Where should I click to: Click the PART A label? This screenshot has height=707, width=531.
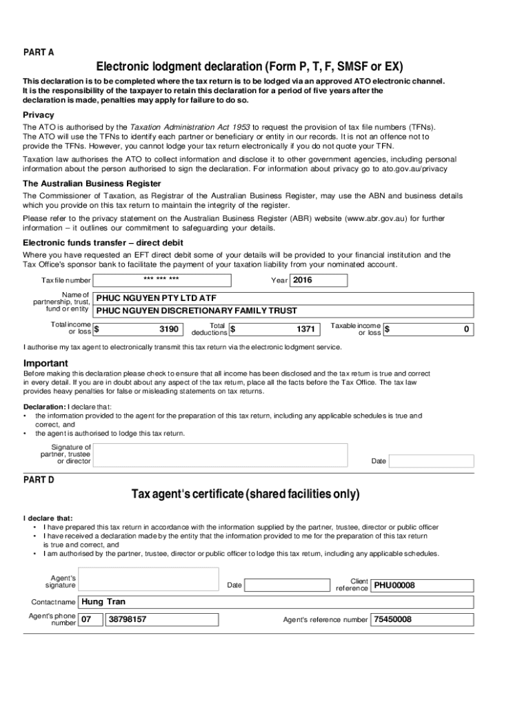pos(39,52)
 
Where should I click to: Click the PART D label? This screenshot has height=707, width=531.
pos(39,480)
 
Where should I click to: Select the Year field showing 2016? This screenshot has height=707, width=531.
pos(319,280)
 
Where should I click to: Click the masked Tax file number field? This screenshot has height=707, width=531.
pos(161,280)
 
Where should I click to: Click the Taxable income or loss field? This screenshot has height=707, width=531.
pos(428,329)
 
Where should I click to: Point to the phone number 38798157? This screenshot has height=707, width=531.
pos(128,619)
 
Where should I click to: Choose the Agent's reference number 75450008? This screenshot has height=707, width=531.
pos(392,619)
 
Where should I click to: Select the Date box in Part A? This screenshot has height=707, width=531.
pos(432,461)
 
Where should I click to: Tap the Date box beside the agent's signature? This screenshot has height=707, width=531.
pos(288,585)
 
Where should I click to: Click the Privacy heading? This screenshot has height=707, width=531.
pos(39,115)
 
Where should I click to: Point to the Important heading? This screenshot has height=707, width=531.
pos(46,363)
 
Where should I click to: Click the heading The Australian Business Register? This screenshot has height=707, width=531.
pos(92,184)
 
